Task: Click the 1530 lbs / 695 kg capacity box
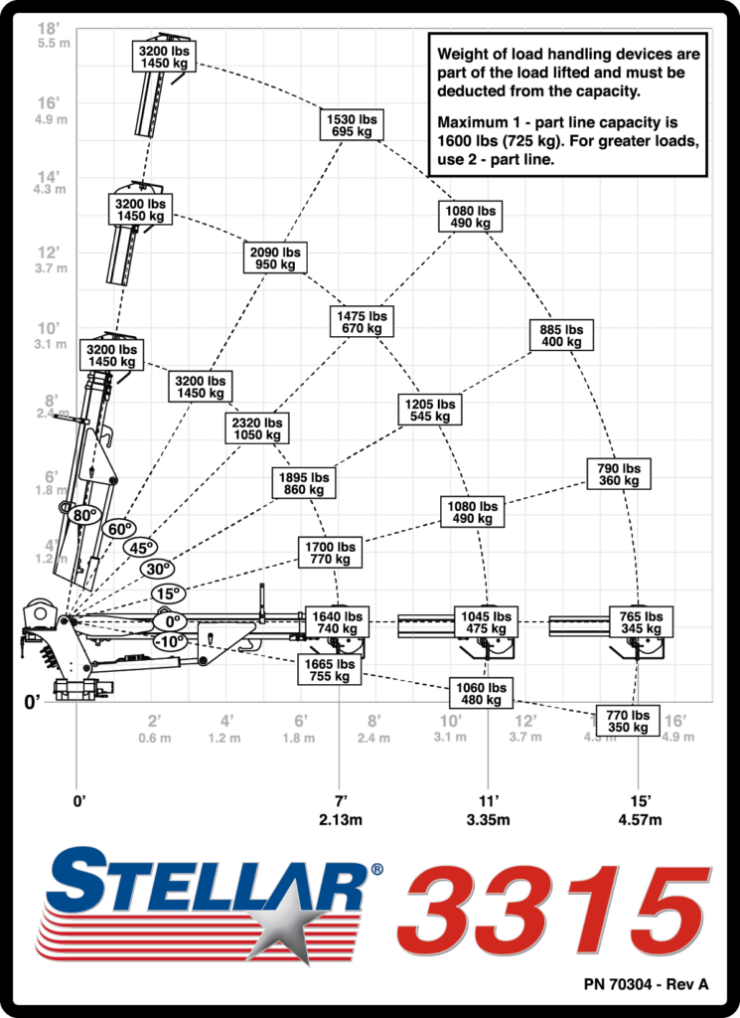(x=352, y=125)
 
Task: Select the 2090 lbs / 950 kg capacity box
(x=275, y=257)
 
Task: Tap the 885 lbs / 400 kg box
(x=561, y=335)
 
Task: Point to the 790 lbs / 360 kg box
(x=619, y=474)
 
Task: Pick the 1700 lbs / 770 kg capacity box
(x=330, y=553)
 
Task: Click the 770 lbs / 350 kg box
(x=628, y=721)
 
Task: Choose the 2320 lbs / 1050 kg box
(x=257, y=428)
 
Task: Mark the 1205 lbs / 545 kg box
(x=430, y=410)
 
